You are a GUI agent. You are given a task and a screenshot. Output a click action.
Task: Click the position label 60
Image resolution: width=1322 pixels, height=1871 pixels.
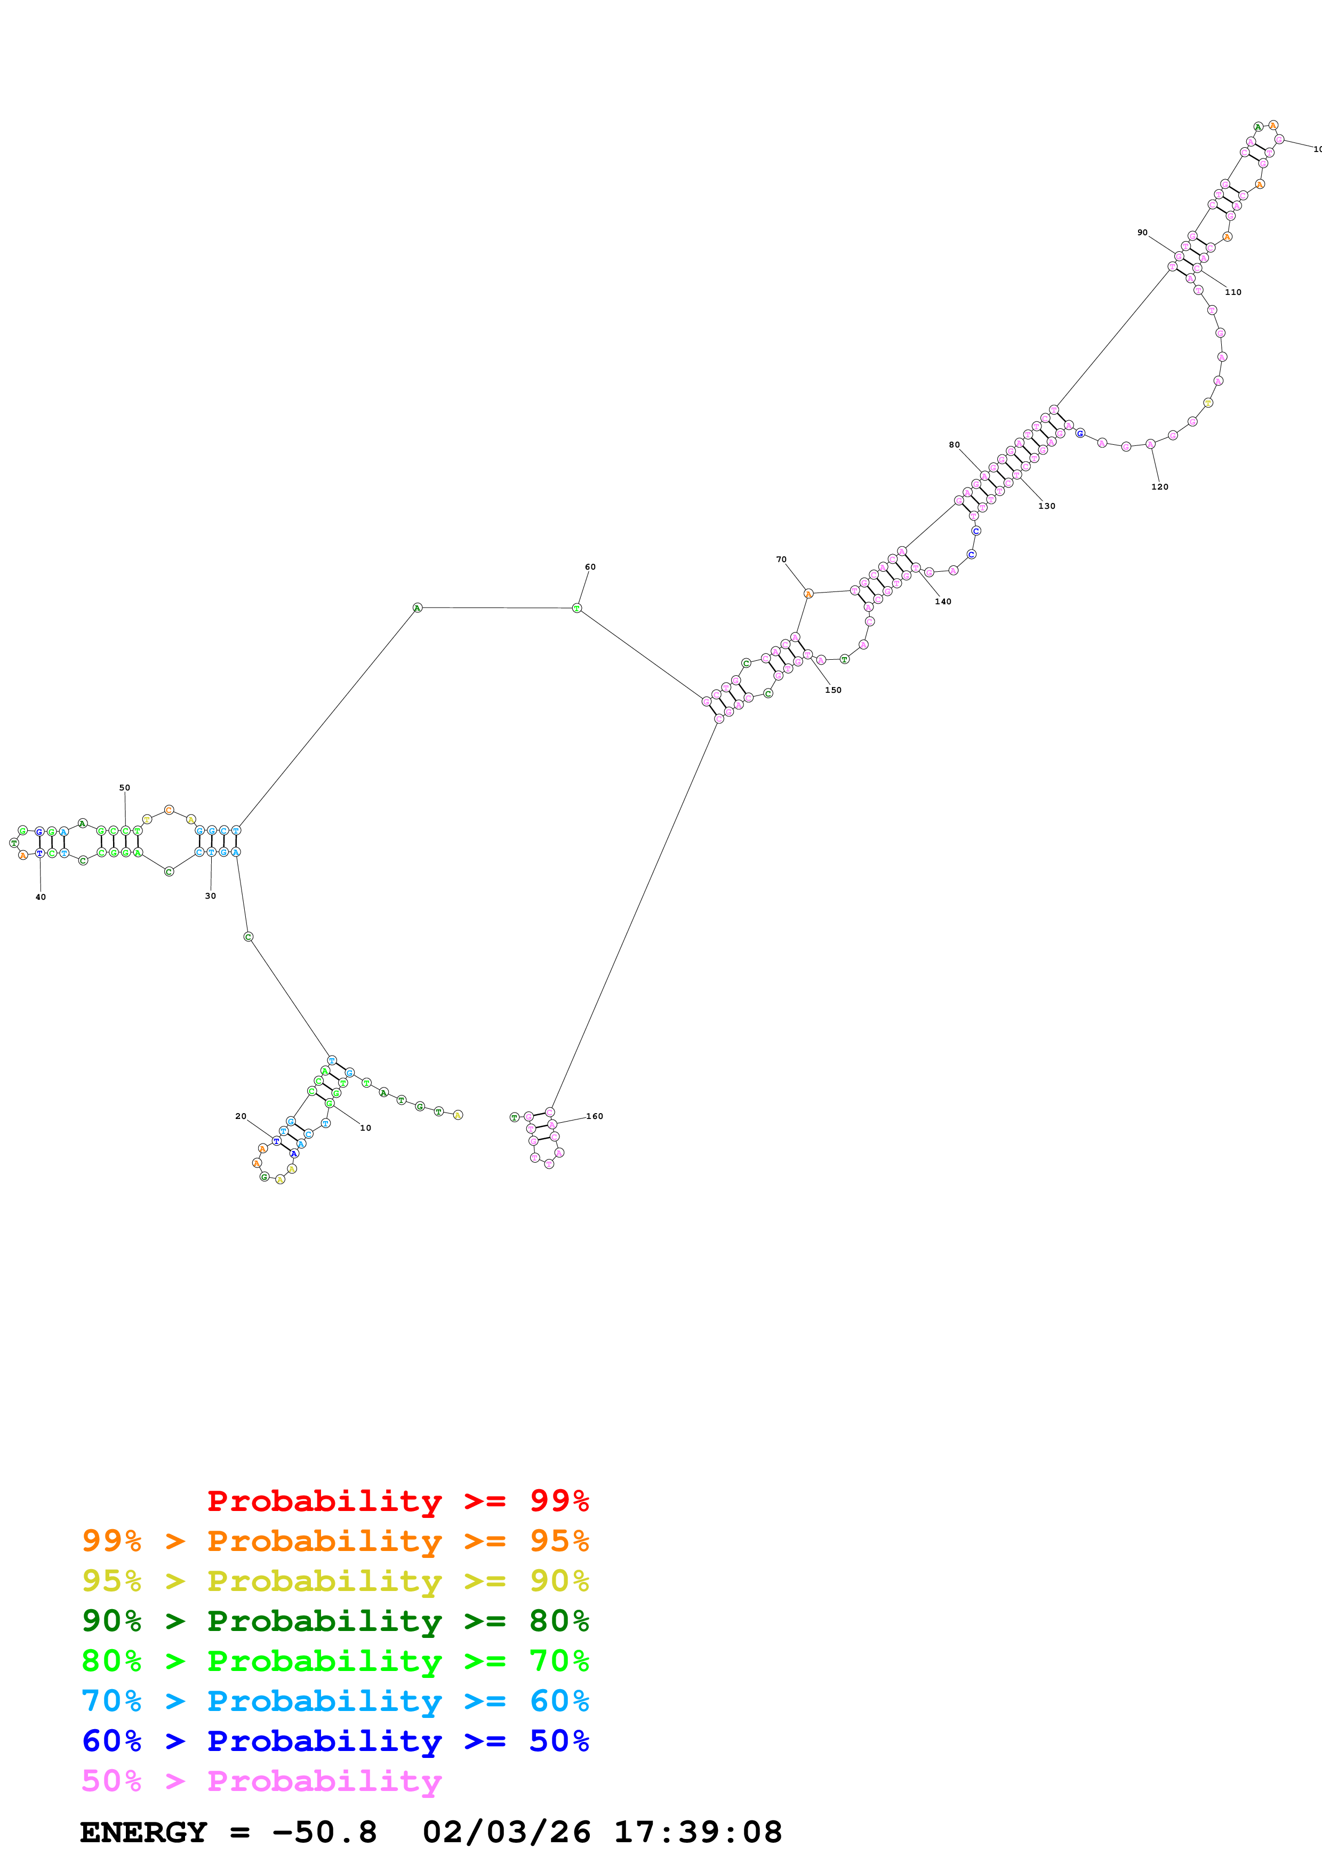click(x=590, y=567)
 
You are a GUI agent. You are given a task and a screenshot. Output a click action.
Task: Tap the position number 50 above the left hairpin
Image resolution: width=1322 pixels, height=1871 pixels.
click(x=125, y=788)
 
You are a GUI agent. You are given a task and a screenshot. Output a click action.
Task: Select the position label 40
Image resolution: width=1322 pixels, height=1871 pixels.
click(x=41, y=897)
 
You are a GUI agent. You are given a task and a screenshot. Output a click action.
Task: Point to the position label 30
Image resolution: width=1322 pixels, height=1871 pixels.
click(x=210, y=895)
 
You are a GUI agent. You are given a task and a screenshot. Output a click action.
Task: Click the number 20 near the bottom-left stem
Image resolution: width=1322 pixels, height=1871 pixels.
click(x=241, y=1116)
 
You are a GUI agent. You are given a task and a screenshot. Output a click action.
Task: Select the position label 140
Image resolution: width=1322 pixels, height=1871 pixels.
click(x=942, y=602)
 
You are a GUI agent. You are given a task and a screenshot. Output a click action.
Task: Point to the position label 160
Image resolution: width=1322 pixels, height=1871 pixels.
click(x=595, y=1116)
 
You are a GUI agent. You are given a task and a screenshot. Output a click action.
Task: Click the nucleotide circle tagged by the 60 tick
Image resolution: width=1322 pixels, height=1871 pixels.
click(x=576, y=609)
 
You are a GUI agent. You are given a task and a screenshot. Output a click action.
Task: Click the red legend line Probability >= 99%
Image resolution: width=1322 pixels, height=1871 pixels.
click(x=397, y=1500)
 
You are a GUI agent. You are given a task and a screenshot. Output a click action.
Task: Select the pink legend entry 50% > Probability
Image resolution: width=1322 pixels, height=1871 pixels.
click(x=261, y=1780)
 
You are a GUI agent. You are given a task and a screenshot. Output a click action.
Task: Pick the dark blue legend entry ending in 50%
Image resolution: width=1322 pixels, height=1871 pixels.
click(x=335, y=1741)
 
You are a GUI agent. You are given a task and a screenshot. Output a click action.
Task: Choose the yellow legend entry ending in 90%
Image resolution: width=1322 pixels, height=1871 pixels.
click(x=335, y=1581)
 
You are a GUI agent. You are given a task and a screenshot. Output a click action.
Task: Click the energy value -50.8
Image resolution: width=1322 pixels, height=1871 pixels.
click(x=324, y=1833)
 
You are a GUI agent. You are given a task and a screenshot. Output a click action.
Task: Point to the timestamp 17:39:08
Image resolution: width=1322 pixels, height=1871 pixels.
click(x=697, y=1833)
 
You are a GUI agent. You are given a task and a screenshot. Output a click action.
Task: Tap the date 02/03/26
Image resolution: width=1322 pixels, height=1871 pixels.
click(x=506, y=1833)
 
